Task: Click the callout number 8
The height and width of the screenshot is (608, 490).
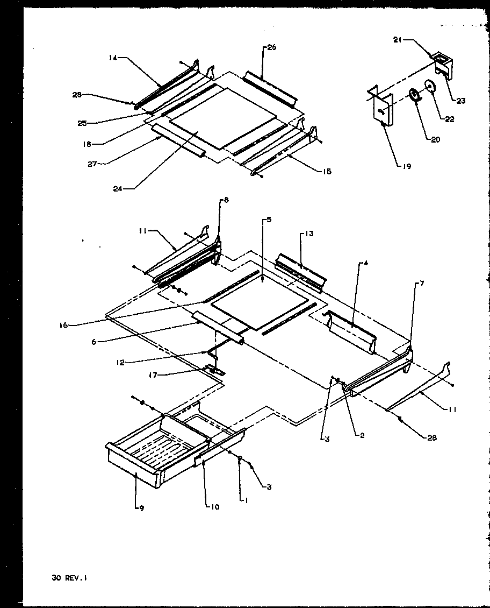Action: (226, 200)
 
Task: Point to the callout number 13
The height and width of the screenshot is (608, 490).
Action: (309, 234)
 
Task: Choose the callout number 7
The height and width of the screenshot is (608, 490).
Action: (422, 283)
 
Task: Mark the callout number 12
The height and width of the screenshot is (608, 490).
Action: (120, 363)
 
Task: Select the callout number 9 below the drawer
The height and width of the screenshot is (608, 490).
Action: (141, 508)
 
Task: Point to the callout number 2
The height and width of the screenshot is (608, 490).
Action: (362, 435)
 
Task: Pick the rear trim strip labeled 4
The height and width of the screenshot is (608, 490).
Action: (352, 333)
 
